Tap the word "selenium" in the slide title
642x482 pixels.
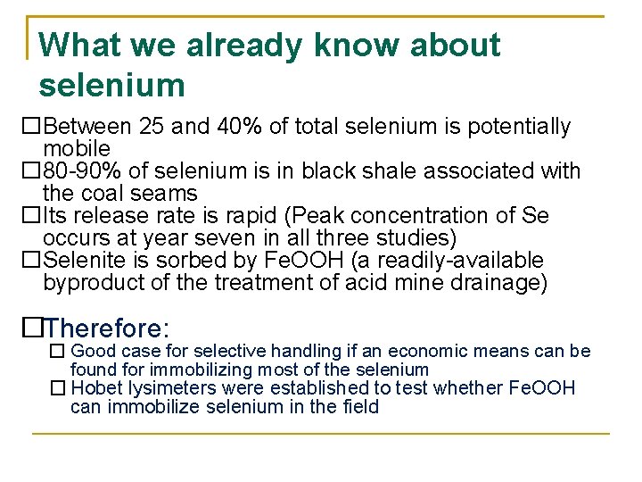coord(112,86)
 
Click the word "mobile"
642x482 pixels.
coord(77,148)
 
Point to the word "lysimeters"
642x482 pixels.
coord(163,388)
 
